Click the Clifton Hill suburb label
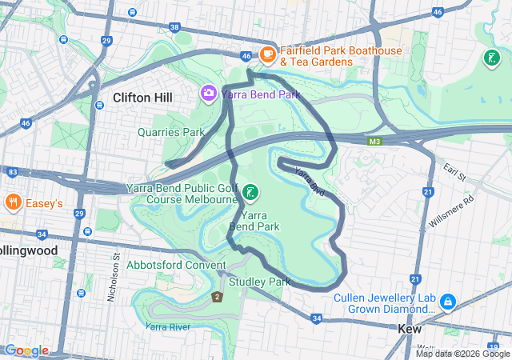(142, 98)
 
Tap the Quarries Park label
(170, 132)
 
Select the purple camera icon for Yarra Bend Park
(209, 94)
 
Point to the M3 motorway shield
(374, 142)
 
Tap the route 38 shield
(175, 27)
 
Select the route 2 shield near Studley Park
(216, 298)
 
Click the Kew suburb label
(410, 328)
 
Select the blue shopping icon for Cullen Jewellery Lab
(448, 302)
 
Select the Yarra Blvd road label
(307, 182)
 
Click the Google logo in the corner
(26, 350)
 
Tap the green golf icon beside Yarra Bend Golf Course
(251, 192)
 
